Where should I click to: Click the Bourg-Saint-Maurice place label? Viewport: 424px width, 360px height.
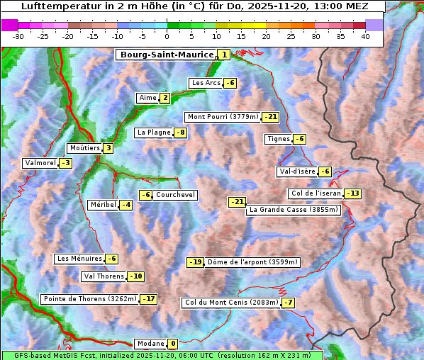(x=166, y=55)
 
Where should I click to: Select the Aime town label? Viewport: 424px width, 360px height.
(x=147, y=98)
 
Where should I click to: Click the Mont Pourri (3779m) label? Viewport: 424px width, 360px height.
(x=223, y=117)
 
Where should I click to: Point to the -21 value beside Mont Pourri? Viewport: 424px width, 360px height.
(x=270, y=117)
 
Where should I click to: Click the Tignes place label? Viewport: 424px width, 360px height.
(x=278, y=139)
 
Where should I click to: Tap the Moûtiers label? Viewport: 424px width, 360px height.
(x=84, y=148)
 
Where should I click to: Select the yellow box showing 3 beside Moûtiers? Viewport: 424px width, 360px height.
(x=108, y=148)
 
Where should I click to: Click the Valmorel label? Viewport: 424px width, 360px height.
(x=40, y=163)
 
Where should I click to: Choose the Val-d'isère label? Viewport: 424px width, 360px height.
(x=296, y=171)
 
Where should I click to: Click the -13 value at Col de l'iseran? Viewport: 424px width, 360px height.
(x=352, y=193)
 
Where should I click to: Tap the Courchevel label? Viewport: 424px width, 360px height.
(x=175, y=195)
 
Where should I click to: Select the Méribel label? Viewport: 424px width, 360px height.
(x=102, y=205)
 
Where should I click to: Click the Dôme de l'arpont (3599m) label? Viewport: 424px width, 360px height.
(x=252, y=262)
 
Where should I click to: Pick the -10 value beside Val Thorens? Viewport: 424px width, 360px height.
(x=135, y=276)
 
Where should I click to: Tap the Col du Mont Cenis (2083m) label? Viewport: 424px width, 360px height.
(x=230, y=303)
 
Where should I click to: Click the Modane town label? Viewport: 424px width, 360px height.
(x=150, y=344)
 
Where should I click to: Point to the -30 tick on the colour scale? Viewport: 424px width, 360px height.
(x=18, y=35)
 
